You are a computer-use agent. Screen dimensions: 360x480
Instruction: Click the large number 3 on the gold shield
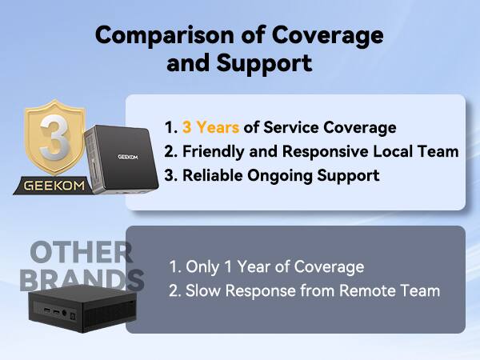pos(51,135)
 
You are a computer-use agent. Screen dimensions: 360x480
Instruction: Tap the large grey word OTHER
pos(82,252)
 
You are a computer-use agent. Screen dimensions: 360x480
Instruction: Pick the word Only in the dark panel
pos(202,266)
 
